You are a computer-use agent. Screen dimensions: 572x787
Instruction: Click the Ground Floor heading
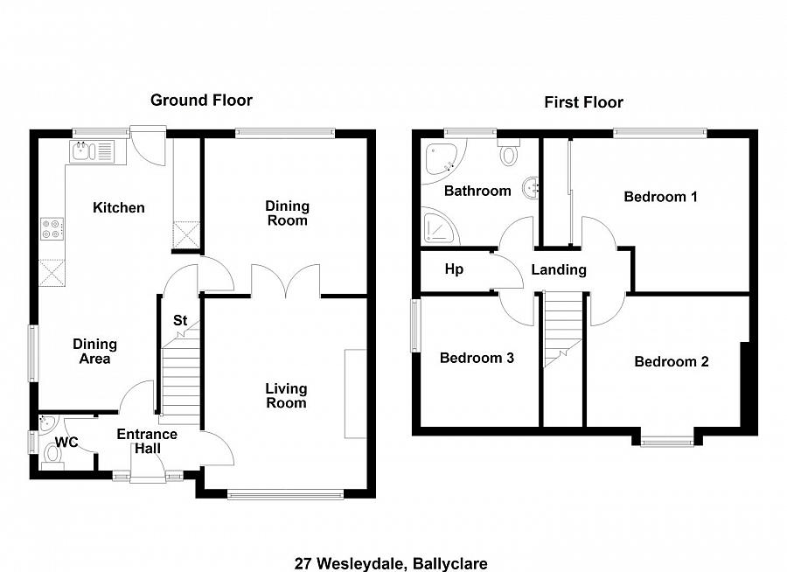201,100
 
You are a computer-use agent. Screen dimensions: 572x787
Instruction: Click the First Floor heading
583,102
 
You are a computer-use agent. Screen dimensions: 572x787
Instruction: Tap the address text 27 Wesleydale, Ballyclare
391,563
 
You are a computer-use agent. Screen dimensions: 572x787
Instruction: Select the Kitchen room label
119,207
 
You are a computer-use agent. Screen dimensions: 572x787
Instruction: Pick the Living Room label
287,395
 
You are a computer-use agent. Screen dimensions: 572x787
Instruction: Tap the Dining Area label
94,352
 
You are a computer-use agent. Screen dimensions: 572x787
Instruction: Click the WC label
67,443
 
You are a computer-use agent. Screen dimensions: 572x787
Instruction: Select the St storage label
180,321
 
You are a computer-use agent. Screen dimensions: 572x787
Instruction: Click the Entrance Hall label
147,442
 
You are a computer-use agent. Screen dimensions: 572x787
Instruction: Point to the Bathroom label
477,191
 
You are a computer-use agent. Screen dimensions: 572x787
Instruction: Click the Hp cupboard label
454,269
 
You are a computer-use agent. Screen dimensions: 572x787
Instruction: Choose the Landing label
559,269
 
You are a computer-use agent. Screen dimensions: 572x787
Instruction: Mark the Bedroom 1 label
660,197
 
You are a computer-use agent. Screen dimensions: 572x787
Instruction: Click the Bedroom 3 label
477,358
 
